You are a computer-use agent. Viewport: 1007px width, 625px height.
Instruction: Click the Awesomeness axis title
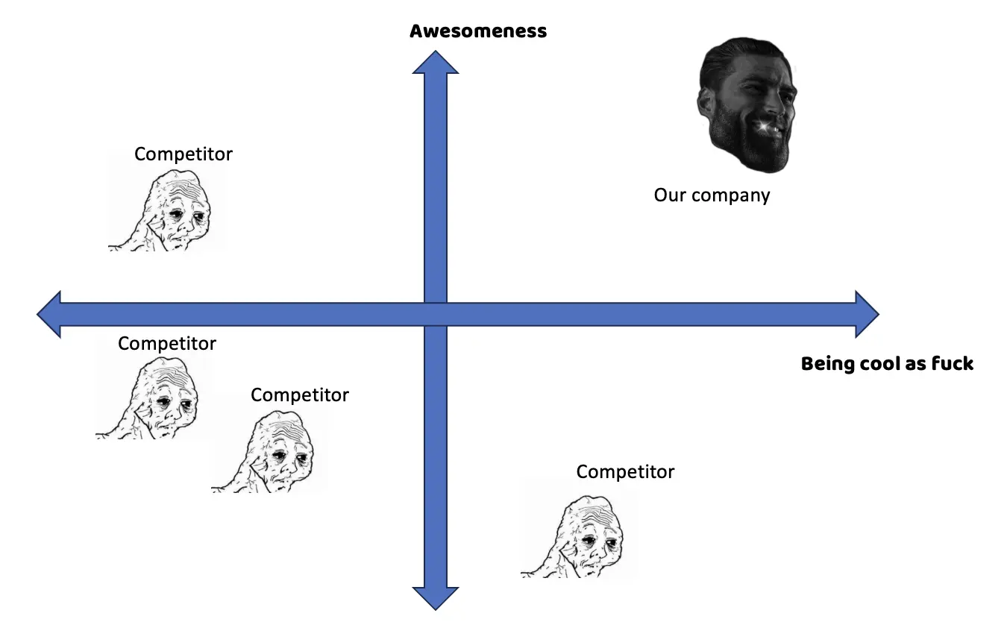478,31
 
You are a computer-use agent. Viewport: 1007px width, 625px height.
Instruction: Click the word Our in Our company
670,195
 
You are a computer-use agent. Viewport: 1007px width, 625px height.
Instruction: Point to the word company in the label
730,196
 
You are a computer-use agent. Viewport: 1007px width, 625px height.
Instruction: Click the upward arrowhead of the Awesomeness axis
436,63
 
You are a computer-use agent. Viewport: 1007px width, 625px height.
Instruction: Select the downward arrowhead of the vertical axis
436,597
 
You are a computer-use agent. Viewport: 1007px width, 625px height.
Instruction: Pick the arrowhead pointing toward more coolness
867,314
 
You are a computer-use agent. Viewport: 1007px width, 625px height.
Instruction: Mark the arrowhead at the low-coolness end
49,314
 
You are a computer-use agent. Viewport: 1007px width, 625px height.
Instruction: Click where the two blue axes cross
436,314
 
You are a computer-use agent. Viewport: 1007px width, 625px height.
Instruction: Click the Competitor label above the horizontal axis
183,154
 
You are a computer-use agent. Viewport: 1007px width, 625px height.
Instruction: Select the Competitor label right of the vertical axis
625,472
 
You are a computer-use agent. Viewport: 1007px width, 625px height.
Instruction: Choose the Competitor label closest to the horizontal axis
167,344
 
